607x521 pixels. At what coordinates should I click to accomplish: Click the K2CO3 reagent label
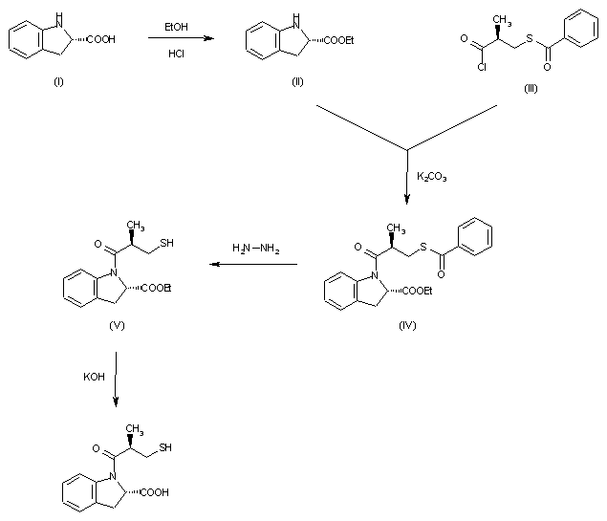point(432,177)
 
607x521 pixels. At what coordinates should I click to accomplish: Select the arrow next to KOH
point(116,379)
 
